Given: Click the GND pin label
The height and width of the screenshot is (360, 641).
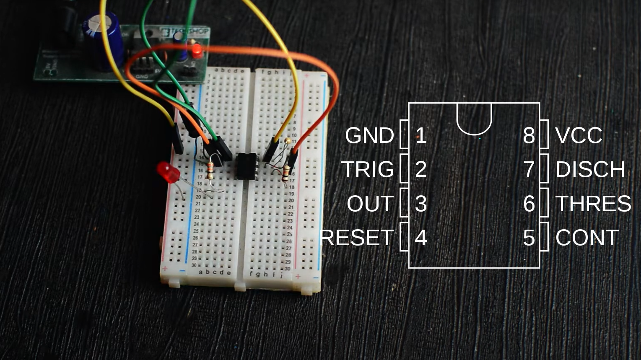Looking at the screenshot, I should pyautogui.click(x=369, y=135).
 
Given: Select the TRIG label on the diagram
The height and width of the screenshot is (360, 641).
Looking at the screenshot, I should pyautogui.click(x=368, y=169).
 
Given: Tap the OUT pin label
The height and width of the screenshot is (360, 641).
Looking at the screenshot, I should pyautogui.click(x=370, y=204).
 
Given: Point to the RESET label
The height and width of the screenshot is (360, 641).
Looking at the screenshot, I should pyautogui.click(x=357, y=238).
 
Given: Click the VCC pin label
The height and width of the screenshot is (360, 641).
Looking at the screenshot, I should pyautogui.click(x=579, y=135).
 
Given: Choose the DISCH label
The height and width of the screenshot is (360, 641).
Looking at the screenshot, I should pyautogui.click(x=590, y=169).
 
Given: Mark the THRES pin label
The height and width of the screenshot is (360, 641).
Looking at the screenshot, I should pyautogui.click(x=593, y=204).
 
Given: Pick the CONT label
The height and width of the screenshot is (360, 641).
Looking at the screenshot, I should pyautogui.click(x=587, y=238).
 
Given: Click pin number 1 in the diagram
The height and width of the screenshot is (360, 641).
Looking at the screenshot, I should pyautogui.click(x=420, y=135).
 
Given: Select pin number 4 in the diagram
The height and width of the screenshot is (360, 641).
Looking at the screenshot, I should pyautogui.click(x=420, y=238).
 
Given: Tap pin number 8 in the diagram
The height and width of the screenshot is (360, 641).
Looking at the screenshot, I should pyautogui.click(x=529, y=135).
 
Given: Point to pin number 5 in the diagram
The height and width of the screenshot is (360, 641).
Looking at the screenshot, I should pyautogui.click(x=529, y=238).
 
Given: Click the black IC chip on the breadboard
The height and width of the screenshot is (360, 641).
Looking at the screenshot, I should pyautogui.click(x=246, y=166).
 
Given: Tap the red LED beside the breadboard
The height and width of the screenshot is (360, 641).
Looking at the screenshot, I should pyautogui.click(x=168, y=172).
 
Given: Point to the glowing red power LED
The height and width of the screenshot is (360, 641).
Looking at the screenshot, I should pyautogui.click(x=196, y=52).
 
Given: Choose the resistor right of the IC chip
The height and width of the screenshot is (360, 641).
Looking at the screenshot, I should pyautogui.click(x=286, y=172).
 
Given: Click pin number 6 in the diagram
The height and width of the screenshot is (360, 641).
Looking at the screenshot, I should pyautogui.click(x=529, y=204).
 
